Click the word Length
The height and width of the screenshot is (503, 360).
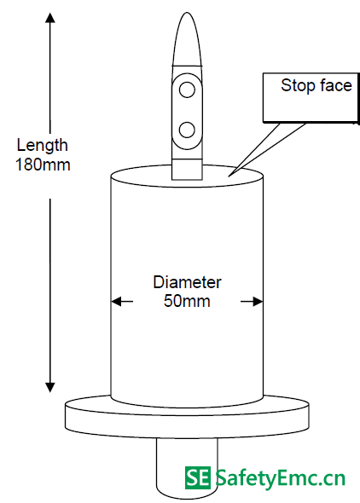coord(42,146)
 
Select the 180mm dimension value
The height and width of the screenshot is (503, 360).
coord(43,165)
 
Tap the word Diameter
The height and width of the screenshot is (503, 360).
coord(187,282)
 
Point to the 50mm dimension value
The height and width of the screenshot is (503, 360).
coord(187,301)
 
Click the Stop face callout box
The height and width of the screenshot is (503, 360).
coord(311,97)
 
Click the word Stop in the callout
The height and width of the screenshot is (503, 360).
coord(294,85)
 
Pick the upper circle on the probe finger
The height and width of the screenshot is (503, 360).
coord(187,90)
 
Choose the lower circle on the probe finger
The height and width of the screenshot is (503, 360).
coord(187,130)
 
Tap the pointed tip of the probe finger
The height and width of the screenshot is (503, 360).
coord(187,13)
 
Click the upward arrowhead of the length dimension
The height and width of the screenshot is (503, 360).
coord(49,17)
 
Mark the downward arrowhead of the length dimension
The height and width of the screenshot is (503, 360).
coord(49,387)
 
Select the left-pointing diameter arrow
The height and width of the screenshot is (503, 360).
coord(122,302)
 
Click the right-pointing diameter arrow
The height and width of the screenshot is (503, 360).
coord(252,302)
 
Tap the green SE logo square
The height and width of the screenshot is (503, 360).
coord(198,478)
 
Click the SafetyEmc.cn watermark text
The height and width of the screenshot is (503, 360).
coord(280,478)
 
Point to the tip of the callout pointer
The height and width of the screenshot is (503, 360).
coord(229,176)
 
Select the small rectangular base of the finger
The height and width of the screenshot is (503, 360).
coord(187,169)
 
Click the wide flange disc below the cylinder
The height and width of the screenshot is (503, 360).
coord(187,417)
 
